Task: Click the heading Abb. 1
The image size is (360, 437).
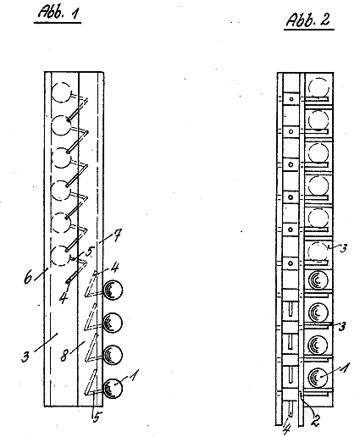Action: (58, 13)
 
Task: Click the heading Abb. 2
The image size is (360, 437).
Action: (308, 19)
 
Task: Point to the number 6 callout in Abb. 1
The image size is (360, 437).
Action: (28, 278)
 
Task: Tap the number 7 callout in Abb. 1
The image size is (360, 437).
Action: (117, 235)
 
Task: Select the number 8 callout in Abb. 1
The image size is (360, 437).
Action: (64, 355)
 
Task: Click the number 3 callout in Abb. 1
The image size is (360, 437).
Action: (25, 357)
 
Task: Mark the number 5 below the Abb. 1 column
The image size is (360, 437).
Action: (97, 417)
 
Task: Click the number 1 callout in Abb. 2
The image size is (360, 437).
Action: (344, 368)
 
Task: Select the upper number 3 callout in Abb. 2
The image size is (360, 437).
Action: (343, 248)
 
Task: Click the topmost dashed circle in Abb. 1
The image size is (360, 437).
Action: (61, 92)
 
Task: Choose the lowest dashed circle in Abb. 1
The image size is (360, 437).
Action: (60, 256)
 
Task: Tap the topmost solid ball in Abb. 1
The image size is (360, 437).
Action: (113, 290)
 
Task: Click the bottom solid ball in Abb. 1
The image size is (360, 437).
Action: (113, 388)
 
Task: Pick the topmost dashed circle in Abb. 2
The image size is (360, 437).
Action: (318, 88)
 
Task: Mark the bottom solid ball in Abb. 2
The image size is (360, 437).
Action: (318, 377)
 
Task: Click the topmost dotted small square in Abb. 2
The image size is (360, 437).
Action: (291, 99)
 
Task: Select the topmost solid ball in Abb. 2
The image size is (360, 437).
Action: (318, 279)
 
